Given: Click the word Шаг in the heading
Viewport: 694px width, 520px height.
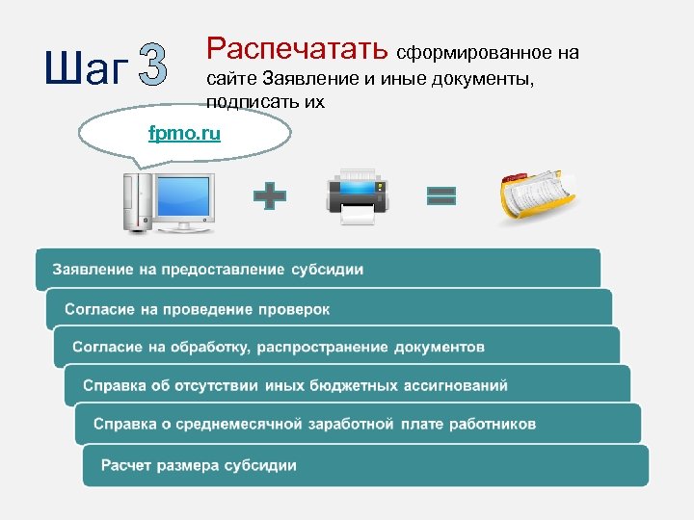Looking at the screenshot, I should coord(84,68).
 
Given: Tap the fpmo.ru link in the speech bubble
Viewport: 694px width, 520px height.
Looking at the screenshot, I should coord(184,133).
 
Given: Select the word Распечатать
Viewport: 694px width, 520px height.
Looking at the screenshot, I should coord(298,47).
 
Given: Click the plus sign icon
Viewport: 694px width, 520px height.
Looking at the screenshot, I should coord(270,197).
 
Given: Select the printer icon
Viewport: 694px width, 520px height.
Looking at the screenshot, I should coord(356,196).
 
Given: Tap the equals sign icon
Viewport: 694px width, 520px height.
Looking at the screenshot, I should coord(441,196).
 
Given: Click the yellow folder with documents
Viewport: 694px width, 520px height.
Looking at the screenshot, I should coord(537,197).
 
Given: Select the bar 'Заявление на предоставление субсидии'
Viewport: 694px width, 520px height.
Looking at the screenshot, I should coord(318,270).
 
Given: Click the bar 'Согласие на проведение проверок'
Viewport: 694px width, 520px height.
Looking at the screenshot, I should coord(329,309).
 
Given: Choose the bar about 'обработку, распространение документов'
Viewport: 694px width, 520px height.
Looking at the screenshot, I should coord(336,347).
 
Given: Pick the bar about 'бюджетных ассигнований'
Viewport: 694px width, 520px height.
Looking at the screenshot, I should coord(347,386).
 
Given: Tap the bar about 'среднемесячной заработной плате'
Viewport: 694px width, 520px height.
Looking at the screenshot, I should coord(357,424).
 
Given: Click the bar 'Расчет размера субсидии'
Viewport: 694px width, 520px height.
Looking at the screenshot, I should coord(365,465).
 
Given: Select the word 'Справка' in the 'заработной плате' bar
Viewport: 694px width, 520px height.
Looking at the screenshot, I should coord(123,424).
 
